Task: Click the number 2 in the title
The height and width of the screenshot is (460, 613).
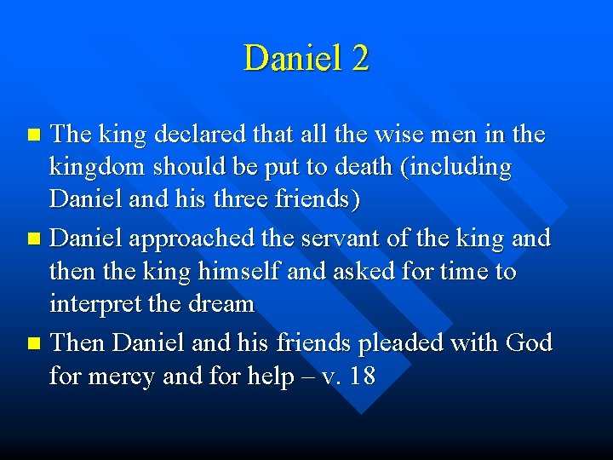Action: coord(358,58)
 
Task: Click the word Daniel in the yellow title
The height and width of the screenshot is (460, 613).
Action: coord(286,58)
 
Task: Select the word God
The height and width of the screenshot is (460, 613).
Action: coord(529,342)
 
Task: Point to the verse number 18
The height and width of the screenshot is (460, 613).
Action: coord(361,375)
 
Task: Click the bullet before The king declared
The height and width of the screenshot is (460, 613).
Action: coord(33,135)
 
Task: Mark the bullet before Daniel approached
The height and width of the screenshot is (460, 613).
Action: coord(33,239)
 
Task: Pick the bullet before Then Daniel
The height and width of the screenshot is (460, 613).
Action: coord(33,343)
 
